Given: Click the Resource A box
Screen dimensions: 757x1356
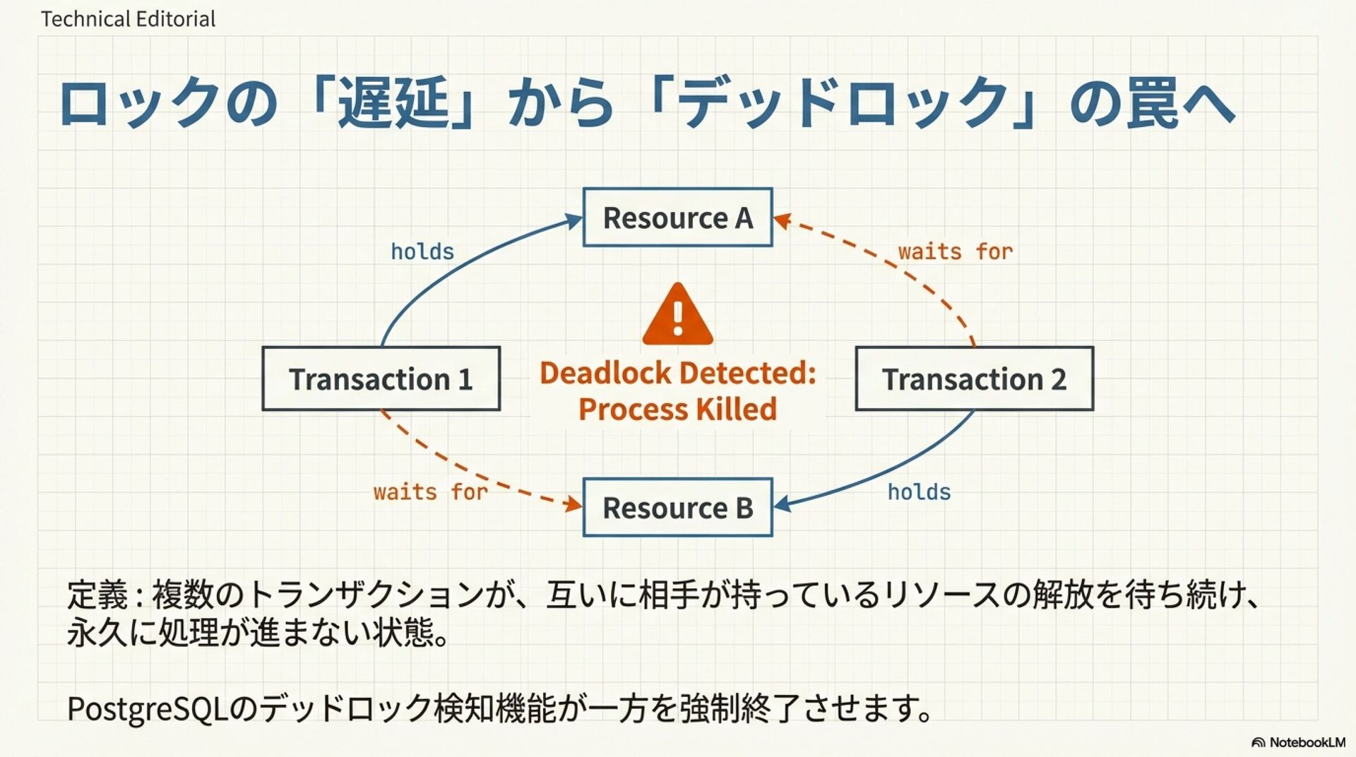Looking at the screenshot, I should pyautogui.click(x=677, y=217).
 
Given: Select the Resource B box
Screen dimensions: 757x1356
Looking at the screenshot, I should pyautogui.click(x=677, y=508).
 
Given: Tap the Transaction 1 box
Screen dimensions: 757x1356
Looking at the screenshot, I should pyautogui.click(x=381, y=379).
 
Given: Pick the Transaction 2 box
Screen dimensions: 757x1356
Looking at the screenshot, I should pyautogui.click(x=974, y=379).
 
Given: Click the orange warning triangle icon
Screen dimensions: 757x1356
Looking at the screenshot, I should pyautogui.click(x=677, y=316).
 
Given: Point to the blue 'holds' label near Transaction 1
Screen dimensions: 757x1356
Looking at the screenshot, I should pyautogui.click(x=422, y=252).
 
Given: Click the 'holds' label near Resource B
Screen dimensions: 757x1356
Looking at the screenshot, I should pyautogui.click(x=919, y=492).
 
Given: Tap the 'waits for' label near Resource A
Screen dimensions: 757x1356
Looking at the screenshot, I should pyautogui.click(x=955, y=252).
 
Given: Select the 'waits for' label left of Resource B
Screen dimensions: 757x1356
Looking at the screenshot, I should pyautogui.click(x=430, y=492).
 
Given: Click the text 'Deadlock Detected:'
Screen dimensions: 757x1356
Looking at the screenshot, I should pyautogui.click(x=677, y=373).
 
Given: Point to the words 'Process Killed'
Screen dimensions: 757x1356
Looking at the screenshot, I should pyautogui.click(x=677, y=410).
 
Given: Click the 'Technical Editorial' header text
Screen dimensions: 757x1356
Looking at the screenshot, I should pyautogui.click(x=128, y=19).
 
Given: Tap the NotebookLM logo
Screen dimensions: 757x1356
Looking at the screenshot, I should pyautogui.click(x=1298, y=742).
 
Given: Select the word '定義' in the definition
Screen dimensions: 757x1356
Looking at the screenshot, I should pyautogui.click(x=97, y=595).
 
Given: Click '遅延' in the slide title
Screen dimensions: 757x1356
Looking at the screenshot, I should pyautogui.click(x=393, y=104).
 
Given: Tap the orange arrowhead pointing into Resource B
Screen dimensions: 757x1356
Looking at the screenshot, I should pyautogui.click(x=573, y=504).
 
